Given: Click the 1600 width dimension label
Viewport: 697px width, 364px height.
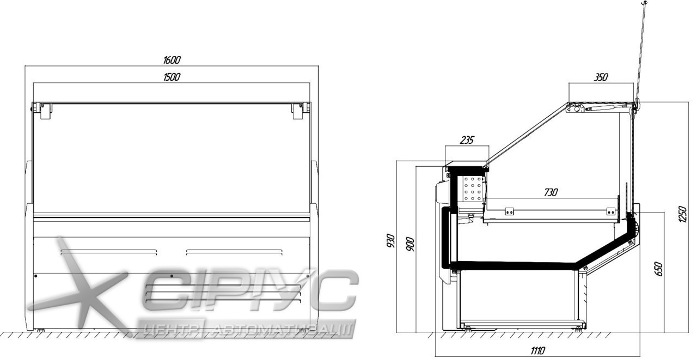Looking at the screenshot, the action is point(172,60).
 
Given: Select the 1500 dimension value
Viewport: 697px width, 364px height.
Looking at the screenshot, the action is point(172,77).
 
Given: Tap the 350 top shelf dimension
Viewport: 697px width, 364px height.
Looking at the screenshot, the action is point(601,77).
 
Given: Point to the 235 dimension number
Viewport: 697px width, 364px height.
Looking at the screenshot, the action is point(467,140).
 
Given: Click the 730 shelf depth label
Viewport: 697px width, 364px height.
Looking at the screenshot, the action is point(551,192).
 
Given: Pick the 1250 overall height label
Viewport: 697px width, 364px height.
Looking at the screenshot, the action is point(682,214).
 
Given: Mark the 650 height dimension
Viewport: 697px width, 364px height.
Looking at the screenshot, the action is point(659,269).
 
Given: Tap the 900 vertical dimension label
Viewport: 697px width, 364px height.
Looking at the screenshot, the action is point(411,244).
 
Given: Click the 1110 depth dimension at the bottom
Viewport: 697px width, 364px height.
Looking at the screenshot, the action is point(537,350).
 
